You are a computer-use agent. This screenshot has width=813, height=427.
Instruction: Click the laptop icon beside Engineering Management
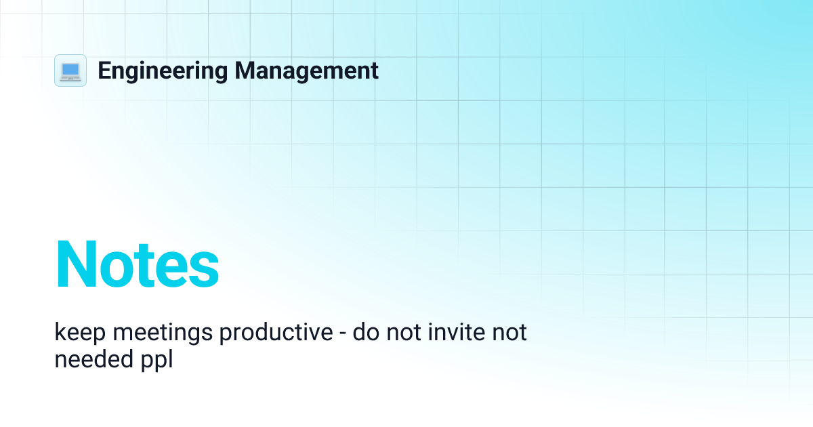coord(70,70)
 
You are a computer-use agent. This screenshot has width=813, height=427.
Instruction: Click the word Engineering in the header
coord(163,70)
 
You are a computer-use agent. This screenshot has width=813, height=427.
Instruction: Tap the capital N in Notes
coord(77,265)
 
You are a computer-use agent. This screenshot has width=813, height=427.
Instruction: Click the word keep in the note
coord(75,333)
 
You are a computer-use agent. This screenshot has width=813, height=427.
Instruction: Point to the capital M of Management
coord(245,70)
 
